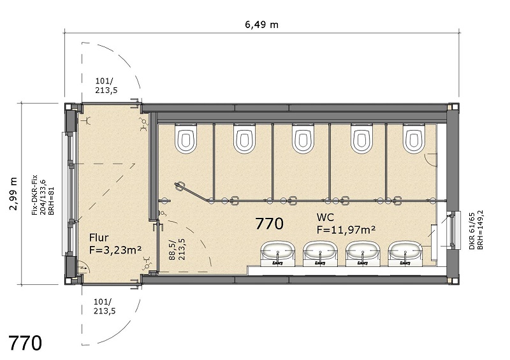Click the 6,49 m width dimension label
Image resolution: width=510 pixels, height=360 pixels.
tap(262, 25)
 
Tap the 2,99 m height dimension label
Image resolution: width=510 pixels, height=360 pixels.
tap(13, 194)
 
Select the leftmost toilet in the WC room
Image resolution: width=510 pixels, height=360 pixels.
tap(186, 138)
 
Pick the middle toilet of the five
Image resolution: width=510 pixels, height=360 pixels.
tap(303, 138)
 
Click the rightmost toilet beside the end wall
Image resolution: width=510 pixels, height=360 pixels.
tap(414, 138)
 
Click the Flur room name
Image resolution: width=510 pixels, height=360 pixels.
tap(99, 238)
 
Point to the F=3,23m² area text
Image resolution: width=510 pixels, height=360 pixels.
tap(115, 250)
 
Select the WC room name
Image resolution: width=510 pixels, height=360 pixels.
tap(325, 217)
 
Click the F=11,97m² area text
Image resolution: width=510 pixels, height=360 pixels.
tap(346, 229)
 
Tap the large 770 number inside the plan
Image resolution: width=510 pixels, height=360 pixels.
tap(269, 224)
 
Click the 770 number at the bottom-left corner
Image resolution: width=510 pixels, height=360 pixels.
tap(25, 343)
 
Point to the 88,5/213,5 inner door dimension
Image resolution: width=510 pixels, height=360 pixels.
tap(177, 249)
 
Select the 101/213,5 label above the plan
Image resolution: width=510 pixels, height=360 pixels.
tap(106, 85)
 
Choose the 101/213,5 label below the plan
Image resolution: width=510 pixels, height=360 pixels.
tap(105, 306)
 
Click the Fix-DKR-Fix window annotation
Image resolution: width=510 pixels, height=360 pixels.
tap(43, 195)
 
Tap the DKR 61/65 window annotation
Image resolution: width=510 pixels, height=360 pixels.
tap(476, 231)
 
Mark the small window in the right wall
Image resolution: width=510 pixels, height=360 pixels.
tap(454, 230)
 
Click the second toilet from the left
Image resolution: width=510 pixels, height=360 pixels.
tap(245, 138)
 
